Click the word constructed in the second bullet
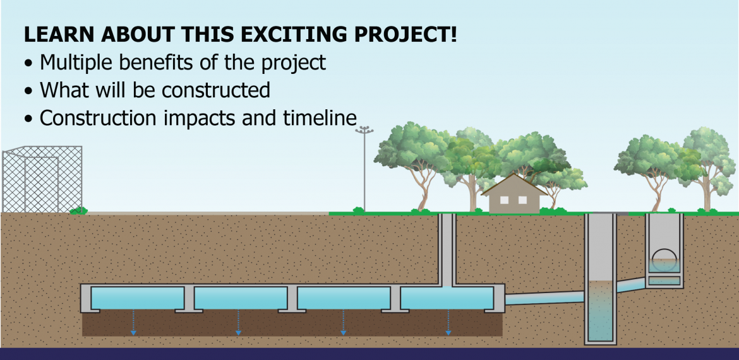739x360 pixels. coord(216,90)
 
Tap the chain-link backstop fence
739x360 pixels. coord(42,179)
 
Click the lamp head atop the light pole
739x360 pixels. coord(364,129)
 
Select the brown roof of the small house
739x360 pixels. coord(514,184)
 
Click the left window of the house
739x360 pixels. coord(504,200)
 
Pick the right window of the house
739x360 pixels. coord(522,200)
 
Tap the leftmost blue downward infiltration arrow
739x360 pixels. coord(133,322)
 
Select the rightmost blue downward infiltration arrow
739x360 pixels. coord(448,322)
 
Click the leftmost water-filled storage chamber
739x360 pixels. coord(137,298)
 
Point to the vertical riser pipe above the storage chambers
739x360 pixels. coord(447,249)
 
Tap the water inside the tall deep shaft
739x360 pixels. coord(601,311)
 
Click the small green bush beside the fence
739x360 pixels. coord(79,210)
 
